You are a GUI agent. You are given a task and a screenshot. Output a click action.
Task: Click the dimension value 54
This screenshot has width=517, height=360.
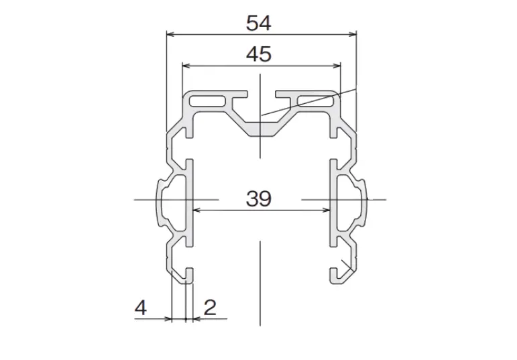point(258,23)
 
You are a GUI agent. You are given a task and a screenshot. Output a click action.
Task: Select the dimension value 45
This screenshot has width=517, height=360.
point(258,54)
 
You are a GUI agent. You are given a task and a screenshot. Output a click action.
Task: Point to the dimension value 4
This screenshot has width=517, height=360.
point(140,308)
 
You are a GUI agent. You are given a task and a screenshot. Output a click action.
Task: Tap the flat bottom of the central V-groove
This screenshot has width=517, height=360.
point(262,128)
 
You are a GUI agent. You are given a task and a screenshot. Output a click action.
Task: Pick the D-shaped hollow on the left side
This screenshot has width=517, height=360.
point(173,199)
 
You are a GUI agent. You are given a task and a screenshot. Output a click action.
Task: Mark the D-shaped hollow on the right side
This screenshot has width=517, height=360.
point(350,199)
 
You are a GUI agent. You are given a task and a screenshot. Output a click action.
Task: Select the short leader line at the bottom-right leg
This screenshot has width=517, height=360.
point(346,266)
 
